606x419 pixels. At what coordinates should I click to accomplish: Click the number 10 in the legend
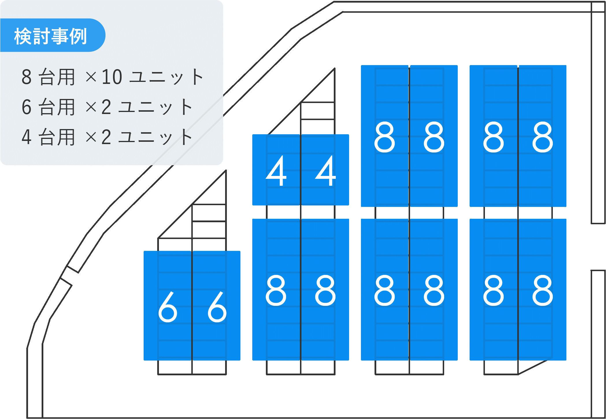click(x=112, y=77)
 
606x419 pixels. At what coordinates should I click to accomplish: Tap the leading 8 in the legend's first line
click(x=26, y=77)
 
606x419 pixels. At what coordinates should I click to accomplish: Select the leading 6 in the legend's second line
click(x=26, y=107)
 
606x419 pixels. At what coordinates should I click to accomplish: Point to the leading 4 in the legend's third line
click(x=26, y=137)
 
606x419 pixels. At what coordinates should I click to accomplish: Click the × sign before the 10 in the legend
click(x=91, y=77)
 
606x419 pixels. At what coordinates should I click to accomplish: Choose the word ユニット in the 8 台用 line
click(x=166, y=77)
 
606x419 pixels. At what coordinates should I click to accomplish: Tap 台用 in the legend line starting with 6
click(x=57, y=107)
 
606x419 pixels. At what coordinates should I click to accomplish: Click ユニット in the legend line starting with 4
click(x=155, y=137)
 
